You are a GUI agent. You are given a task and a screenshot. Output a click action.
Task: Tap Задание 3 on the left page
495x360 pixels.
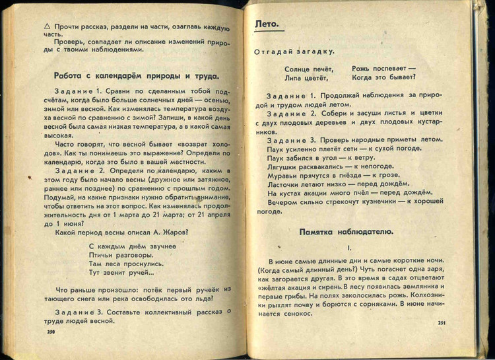76,310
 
